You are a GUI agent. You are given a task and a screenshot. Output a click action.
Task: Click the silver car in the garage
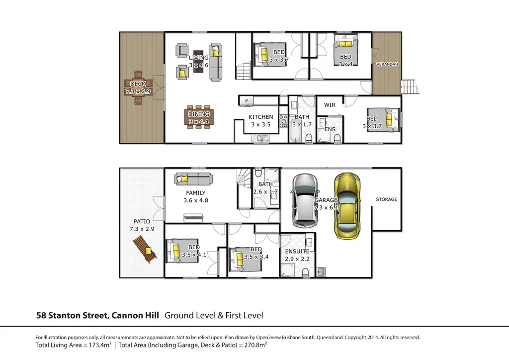click(303, 200)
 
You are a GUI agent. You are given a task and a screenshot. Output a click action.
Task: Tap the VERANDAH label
click(387, 65)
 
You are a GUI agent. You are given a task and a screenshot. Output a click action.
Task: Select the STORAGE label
click(386, 199)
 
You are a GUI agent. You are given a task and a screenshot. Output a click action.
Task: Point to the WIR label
click(330, 105)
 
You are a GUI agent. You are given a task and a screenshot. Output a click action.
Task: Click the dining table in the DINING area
click(198, 118)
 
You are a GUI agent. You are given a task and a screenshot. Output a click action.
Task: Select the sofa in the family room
click(192, 179)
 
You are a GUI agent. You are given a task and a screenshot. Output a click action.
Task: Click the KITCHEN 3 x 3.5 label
click(260, 121)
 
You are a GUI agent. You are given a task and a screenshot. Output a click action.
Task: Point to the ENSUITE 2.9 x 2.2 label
click(297, 255)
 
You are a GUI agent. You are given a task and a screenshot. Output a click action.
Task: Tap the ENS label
click(329, 129)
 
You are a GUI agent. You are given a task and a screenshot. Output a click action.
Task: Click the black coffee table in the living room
click(199, 63)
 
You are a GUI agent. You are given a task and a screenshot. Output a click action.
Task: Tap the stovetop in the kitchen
click(284, 121)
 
